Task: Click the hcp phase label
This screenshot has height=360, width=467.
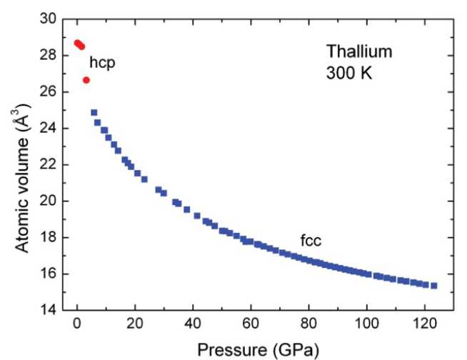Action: click(103, 63)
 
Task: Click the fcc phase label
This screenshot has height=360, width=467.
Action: click(311, 241)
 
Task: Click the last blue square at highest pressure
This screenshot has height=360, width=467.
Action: click(433, 286)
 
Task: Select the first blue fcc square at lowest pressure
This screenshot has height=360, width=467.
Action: click(94, 113)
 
